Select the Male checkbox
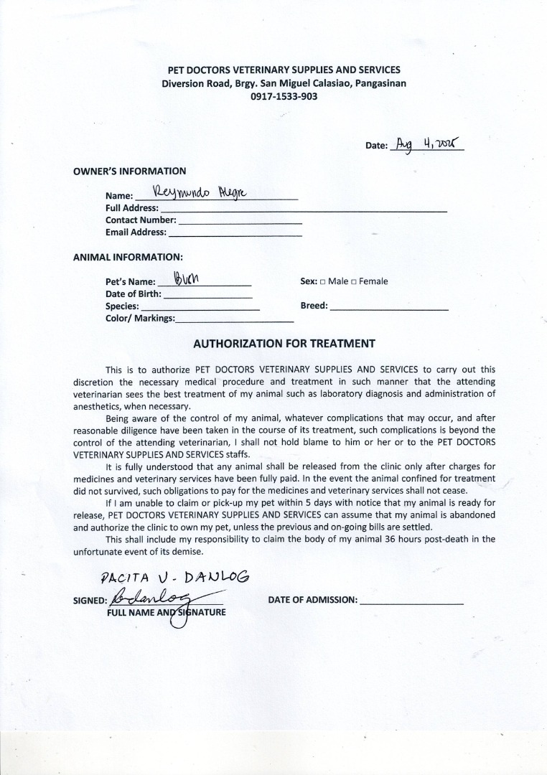pyautogui.click(x=323, y=282)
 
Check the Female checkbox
pyautogui.click(x=354, y=282)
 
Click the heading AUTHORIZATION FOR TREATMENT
pyautogui.click(x=284, y=344)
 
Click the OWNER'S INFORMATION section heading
pyautogui.click(x=129, y=171)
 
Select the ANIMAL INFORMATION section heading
pyautogui.click(x=128, y=256)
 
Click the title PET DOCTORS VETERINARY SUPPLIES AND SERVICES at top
pyautogui.click(x=284, y=70)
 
